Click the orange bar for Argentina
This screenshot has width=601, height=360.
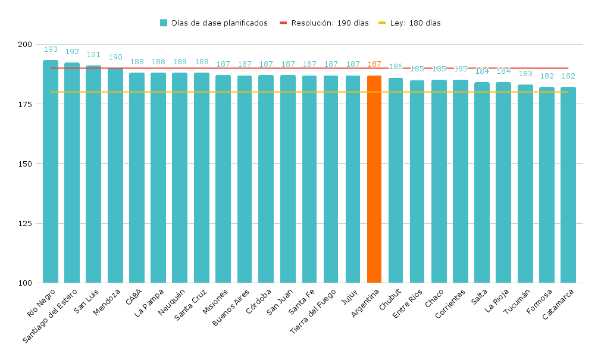click(x=374, y=179)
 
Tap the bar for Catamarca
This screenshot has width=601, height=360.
click(x=568, y=184)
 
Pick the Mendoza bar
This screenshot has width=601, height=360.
click(x=115, y=175)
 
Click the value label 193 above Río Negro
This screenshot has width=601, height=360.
click(x=51, y=49)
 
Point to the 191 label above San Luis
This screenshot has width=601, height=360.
click(x=93, y=55)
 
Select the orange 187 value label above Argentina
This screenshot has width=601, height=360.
click(x=374, y=64)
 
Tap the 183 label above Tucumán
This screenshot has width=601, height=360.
click(x=525, y=74)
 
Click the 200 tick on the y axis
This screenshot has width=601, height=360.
click(x=25, y=45)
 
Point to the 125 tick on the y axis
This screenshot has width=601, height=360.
click(x=25, y=223)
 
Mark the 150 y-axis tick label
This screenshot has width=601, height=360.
click(x=25, y=164)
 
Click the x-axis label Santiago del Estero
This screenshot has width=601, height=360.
click(x=51, y=315)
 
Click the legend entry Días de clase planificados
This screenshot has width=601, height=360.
click(x=214, y=23)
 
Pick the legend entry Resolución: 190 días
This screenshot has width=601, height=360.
click(x=324, y=23)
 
